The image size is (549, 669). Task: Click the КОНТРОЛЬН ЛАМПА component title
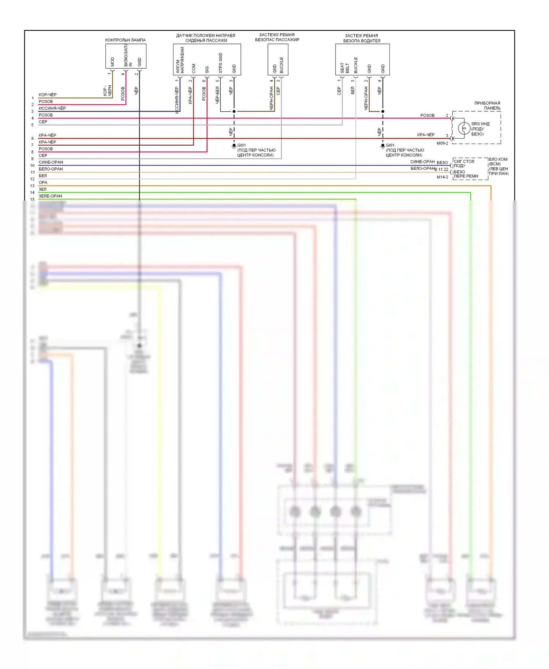tap(125, 40)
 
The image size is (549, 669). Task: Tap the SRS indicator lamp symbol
tap(464, 128)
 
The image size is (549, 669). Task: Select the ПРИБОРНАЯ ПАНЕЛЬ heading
tap(487, 105)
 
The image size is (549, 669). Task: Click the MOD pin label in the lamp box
tap(112, 61)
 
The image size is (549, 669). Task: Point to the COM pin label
tap(194, 68)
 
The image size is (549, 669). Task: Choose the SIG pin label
tap(207, 69)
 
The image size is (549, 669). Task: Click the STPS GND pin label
tap(220, 63)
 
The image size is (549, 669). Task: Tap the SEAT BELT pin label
tap(344, 68)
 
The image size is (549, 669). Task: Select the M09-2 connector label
tap(442, 143)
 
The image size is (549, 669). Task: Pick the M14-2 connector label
tap(442, 177)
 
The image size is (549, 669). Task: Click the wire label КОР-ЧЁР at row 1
tap(48, 95)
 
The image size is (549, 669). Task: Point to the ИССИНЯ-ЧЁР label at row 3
tap(52, 108)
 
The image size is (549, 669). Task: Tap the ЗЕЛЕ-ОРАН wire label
tap(51, 196)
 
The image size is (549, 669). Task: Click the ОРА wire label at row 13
tap(43, 183)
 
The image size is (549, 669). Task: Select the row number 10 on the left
tap(32, 166)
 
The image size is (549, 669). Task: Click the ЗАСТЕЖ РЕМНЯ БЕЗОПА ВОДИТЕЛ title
tap(362, 38)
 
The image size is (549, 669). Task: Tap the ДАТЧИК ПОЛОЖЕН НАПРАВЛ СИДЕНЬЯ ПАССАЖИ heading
tap(206, 38)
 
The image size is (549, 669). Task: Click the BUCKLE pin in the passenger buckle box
tap(281, 65)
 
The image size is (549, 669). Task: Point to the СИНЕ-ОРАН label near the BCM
tap(422, 162)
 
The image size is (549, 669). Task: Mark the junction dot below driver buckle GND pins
tap(383, 111)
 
